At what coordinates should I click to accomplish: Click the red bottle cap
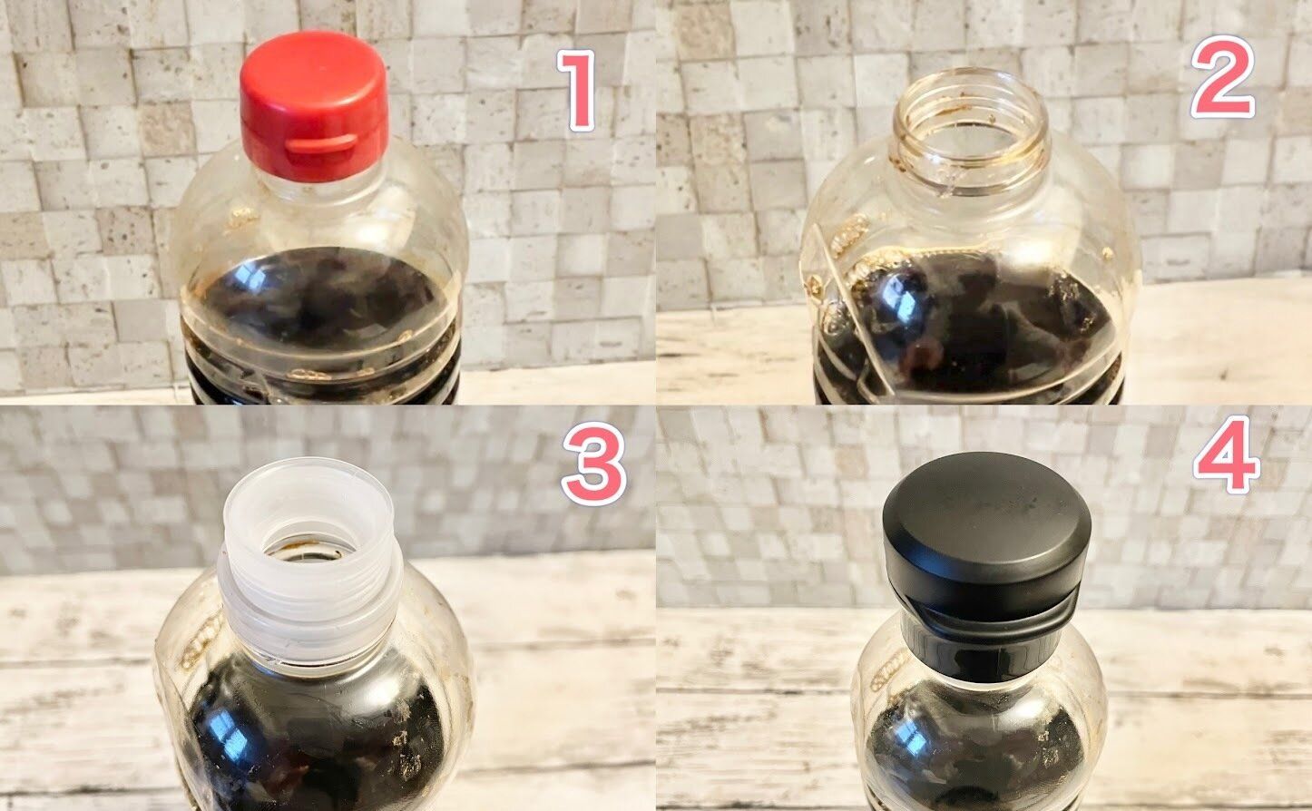point(313,105)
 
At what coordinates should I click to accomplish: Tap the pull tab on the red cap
point(321,144)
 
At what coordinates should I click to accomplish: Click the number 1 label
point(577,90)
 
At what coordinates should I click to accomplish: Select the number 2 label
point(1223,77)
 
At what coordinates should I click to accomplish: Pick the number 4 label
point(1227,454)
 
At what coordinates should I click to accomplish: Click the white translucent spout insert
point(309,562)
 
